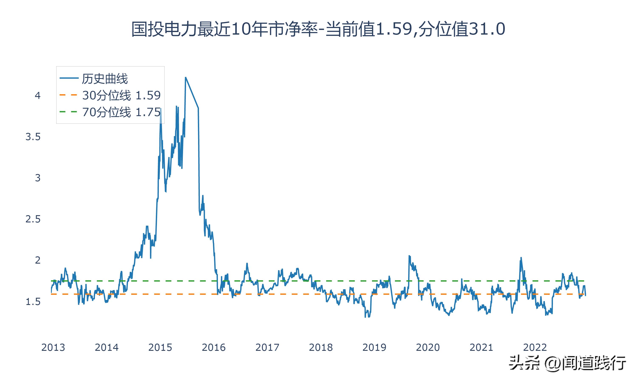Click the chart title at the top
(x=318, y=29)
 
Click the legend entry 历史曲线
(x=104, y=79)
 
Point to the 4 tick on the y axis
(x=38, y=95)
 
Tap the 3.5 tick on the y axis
(x=33, y=137)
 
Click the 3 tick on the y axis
(x=38, y=178)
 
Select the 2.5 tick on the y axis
(x=33, y=219)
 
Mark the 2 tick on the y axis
(x=38, y=260)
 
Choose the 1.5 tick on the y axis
(x=33, y=301)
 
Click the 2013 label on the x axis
(x=53, y=347)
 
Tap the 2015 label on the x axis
(x=160, y=347)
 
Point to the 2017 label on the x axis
(x=267, y=347)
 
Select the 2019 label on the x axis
(x=374, y=347)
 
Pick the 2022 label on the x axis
(x=535, y=347)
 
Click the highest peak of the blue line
(x=186, y=77)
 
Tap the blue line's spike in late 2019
(x=409, y=256)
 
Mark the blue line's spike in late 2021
(x=521, y=258)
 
